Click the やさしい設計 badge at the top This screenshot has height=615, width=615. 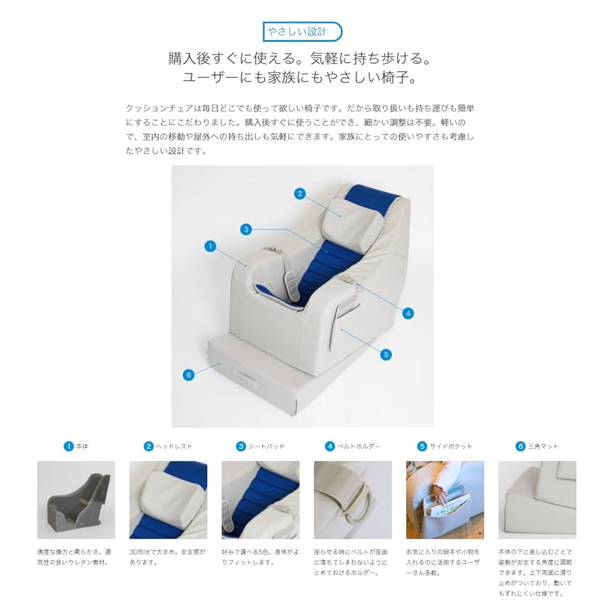(303, 32)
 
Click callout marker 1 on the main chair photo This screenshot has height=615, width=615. (211, 245)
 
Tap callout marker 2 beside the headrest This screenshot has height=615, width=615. (299, 194)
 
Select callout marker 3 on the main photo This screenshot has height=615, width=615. (246, 228)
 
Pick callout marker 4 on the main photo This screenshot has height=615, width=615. (408, 313)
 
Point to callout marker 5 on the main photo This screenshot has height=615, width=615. (386, 354)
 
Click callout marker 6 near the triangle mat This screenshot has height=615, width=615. (188, 375)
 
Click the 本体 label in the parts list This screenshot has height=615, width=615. (82, 446)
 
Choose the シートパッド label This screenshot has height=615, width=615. (266, 446)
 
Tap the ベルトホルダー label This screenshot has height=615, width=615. (358, 446)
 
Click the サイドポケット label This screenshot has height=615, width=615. (450, 446)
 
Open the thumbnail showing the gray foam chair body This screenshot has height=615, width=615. (76, 499)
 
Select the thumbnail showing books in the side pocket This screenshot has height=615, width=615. (444, 499)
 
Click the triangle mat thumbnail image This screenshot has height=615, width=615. (537, 499)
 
